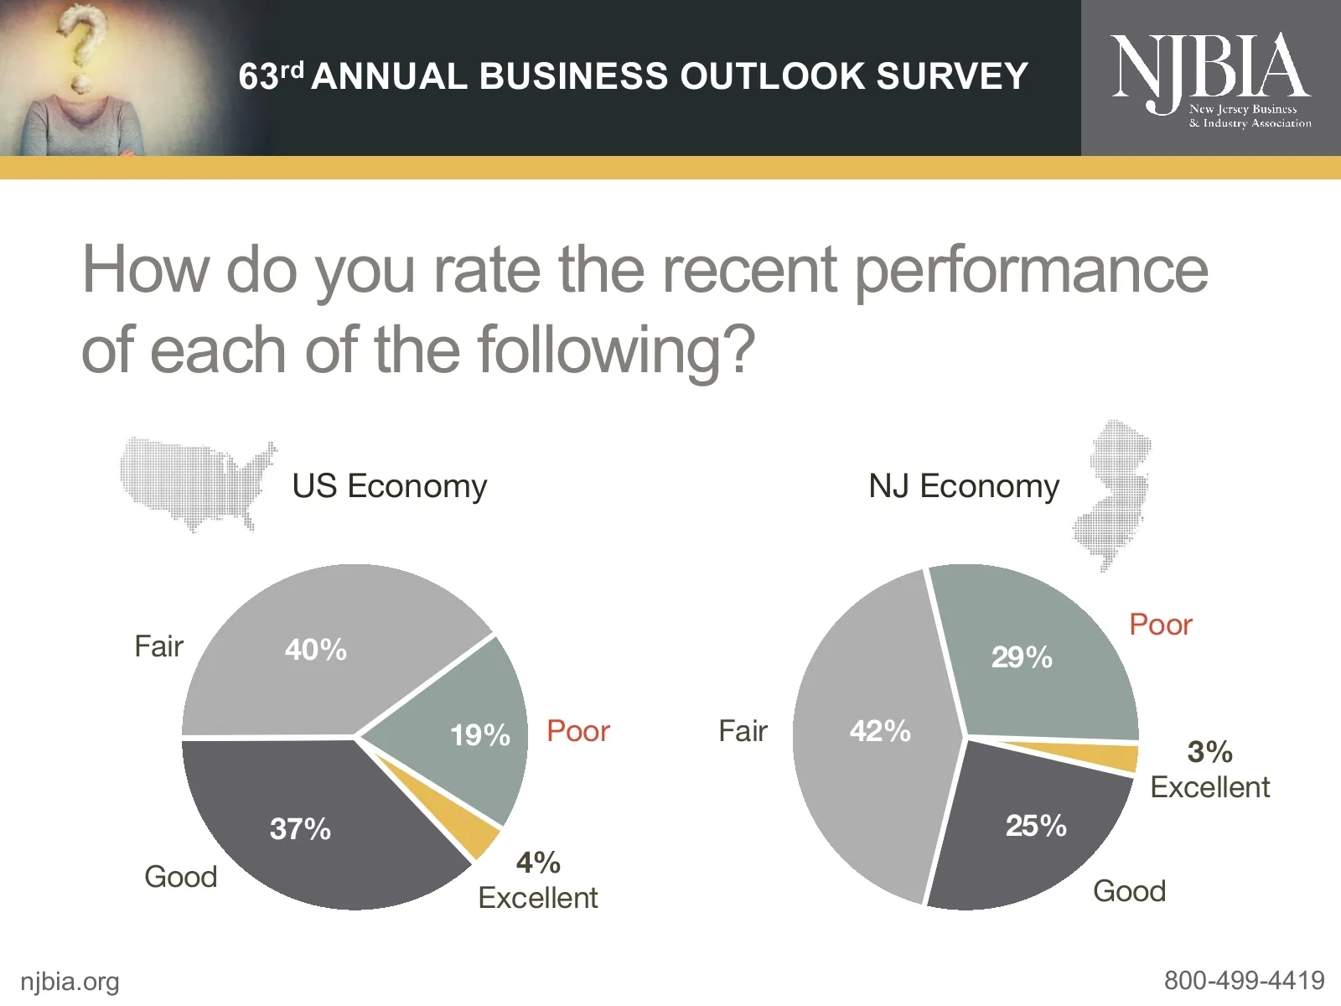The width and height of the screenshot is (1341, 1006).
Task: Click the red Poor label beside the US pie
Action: [577, 731]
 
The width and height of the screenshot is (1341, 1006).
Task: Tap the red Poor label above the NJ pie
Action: [1160, 625]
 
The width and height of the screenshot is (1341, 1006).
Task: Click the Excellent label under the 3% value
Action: [1209, 787]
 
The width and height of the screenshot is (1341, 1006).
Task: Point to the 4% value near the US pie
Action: [538, 863]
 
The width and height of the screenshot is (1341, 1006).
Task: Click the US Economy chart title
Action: [389, 486]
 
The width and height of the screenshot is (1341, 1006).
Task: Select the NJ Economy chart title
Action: [964, 486]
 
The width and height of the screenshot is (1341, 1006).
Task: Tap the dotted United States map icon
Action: [196, 484]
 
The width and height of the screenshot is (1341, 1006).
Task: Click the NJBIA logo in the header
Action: [1210, 77]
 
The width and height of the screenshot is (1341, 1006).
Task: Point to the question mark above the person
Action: [84, 46]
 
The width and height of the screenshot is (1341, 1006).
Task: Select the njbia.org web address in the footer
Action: [70, 982]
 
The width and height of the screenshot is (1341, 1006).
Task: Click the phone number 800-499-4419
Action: [1244, 980]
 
